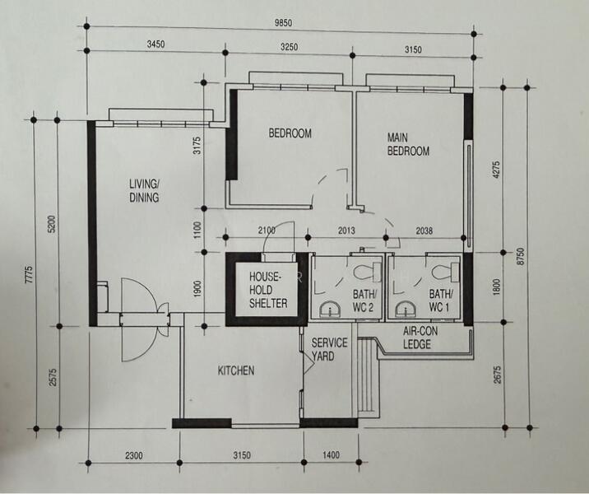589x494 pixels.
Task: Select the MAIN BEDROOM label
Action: (x=408, y=145)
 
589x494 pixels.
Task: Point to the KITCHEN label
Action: (x=235, y=370)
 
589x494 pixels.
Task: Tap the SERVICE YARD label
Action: (x=329, y=350)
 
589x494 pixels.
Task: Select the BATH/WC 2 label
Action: (x=364, y=301)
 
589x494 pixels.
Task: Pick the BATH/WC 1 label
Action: (x=441, y=301)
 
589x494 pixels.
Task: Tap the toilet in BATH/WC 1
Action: (x=442, y=268)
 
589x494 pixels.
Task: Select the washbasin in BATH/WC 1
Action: (x=405, y=309)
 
